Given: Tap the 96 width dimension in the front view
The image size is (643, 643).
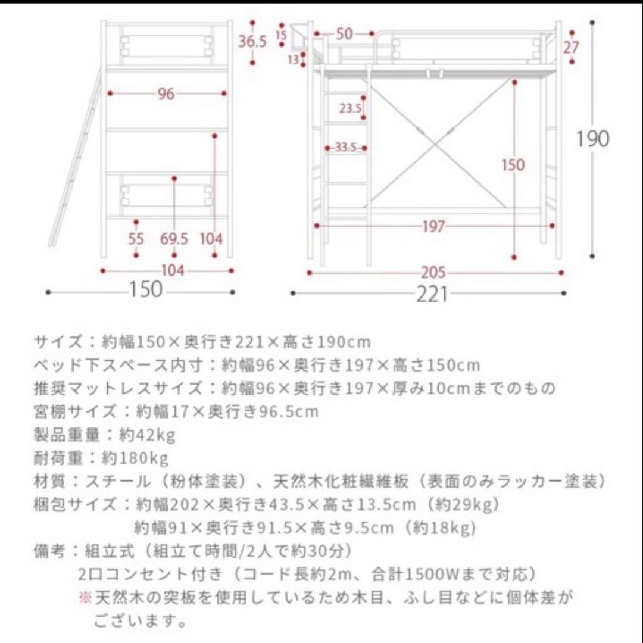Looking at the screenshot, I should coord(166,93).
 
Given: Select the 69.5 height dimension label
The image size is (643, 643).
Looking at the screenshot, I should coord(174,239).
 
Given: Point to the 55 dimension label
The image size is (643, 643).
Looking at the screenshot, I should coord(137,239).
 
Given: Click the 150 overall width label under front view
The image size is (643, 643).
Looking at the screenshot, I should coord(146,290).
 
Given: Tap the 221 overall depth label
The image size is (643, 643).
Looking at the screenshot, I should coord(431,294).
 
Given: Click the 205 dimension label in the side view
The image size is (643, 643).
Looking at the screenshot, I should coord(433,273).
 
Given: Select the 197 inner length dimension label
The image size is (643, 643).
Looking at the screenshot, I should coord(433,226).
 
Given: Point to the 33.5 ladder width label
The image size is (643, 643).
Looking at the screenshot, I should coord(345,148).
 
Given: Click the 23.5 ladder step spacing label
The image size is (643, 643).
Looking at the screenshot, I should coord(351,108).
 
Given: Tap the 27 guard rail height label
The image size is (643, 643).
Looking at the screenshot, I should coord(572,47).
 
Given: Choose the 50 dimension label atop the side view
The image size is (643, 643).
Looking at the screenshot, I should coord(344,34).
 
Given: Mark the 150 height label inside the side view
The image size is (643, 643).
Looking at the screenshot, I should coord(513,164).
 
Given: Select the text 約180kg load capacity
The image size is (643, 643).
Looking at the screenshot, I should coord(136,458).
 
